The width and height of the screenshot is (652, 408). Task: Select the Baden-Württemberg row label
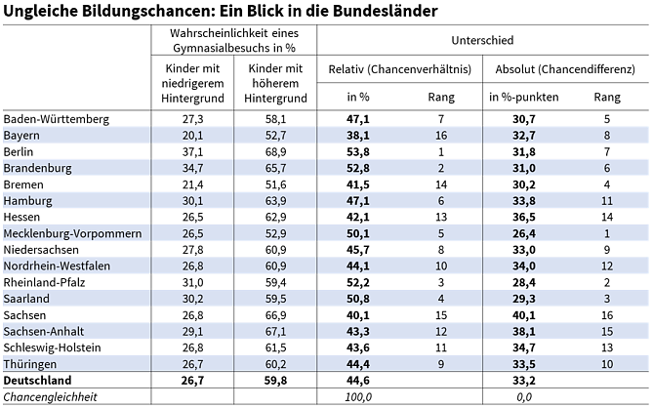click(57, 118)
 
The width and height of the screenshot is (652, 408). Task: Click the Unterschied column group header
click(482, 41)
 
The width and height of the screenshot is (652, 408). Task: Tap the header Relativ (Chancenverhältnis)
click(400, 68)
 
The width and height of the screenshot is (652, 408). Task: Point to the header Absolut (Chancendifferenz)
click(565, 68)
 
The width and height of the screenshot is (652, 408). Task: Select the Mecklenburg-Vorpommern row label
click(74, 233)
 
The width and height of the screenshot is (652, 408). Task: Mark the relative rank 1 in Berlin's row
click(441, 151)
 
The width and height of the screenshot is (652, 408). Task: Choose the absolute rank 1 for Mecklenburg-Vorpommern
click(606, 233)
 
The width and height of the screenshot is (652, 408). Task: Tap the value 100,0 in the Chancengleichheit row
click(360, 397)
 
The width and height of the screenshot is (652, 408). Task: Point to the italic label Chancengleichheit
click(51, 397)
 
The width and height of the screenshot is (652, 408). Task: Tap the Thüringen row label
click(32, 364)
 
